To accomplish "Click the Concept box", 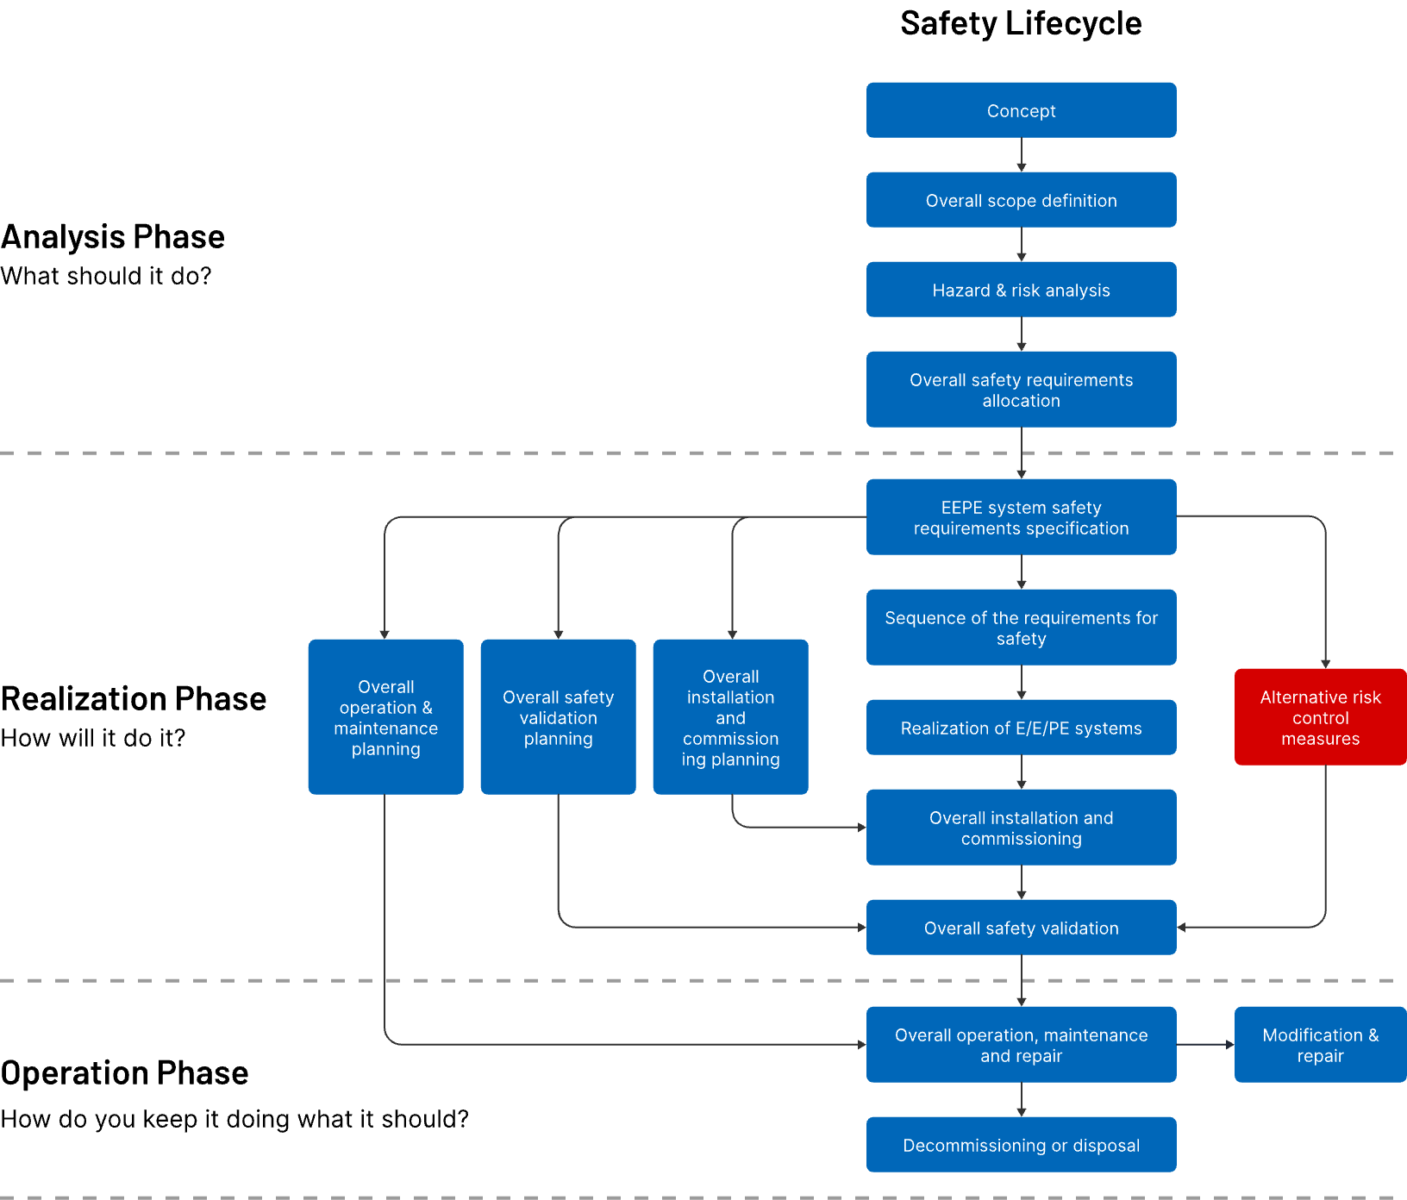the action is coord(1021,110).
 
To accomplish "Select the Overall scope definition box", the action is coord(1021,200).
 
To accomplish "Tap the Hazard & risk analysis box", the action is coord(1021,290).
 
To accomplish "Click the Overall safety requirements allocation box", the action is coord(1021,390).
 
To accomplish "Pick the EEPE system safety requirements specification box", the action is coord(1021,517).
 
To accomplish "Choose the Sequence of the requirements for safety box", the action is coord(1021,628).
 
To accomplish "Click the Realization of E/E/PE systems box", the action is coord(1021,728).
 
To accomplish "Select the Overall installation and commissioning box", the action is coord(1021,828).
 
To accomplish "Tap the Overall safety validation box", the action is coord(1021,928).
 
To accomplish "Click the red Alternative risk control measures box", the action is coord(1321,717).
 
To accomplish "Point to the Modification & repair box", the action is coord(1321,1045).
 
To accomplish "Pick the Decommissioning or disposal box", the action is coord(1021,1145).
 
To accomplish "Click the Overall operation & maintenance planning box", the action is coord(386,717).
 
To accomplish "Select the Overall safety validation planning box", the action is coord(559,717).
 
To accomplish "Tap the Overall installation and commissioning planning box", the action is coord(731,717).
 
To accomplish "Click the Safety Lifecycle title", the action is coord(1021,23).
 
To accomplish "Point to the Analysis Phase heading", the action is coord(113,237).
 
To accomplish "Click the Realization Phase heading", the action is coord(134,699).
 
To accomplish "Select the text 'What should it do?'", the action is coord(106,276).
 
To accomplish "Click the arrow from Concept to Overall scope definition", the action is coord(1022,155).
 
